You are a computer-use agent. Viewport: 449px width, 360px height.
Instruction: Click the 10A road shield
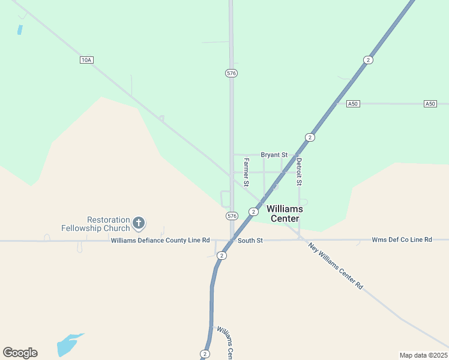pos(86,60)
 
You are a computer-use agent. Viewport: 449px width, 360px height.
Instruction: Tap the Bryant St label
pos(274,155)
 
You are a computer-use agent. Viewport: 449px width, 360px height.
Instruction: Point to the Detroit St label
pos(299,171)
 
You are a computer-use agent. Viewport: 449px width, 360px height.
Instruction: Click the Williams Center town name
pos(285,214)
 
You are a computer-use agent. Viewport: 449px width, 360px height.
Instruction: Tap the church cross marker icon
pos(139,224)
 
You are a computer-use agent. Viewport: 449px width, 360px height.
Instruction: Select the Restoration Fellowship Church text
pos(95,224)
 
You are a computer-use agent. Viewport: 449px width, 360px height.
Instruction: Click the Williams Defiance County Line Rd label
pos(160,241)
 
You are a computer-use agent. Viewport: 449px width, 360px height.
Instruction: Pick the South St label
pos(250,241)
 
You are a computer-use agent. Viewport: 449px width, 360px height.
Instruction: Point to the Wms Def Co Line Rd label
pos(402,239)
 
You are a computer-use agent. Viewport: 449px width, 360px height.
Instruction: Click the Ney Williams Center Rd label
pos(336,266)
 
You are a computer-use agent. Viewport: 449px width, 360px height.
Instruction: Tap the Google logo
pos(20,353)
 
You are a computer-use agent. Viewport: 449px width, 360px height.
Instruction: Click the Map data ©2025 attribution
pos(423,355)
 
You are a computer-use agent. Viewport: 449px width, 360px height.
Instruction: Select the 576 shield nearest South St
pos(232,215)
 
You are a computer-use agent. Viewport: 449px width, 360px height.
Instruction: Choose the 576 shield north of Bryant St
pos(232,73)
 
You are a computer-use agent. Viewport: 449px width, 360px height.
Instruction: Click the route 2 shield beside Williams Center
pos(254,212)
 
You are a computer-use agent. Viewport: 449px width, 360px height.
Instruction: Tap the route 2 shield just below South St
pos(222,256)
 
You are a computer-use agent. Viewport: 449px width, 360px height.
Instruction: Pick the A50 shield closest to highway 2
pos(353,104)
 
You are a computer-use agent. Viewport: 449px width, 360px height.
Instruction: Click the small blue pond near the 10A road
pos(20,29)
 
